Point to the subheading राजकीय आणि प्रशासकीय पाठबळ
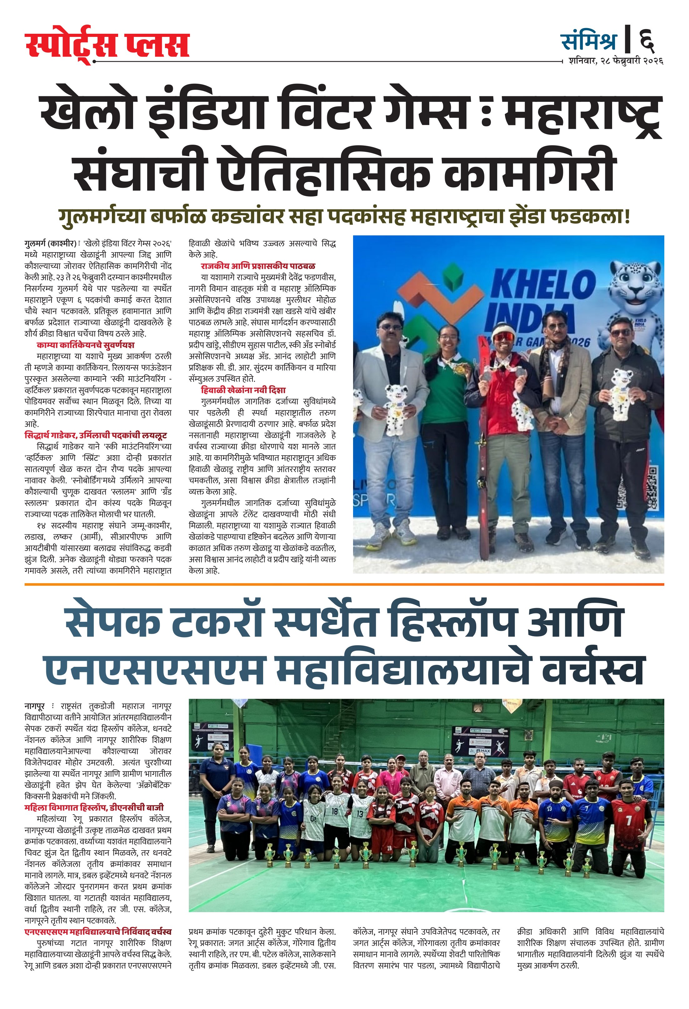coord(258,266)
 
